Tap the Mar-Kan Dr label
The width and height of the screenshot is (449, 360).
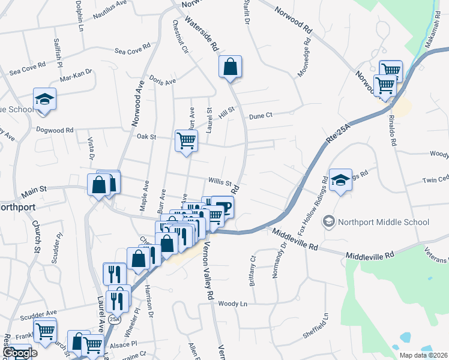pyautogui.click(x=76, y=75)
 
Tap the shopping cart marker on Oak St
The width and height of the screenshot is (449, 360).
pyautogui.click(x=186, y=140)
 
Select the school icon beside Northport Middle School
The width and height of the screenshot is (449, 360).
pyautogui.click(x=328, y=222)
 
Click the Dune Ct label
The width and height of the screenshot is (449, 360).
pyautogui.click(x=261, y=115)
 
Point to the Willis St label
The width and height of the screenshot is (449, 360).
pyautogui.click(x=220, y=181)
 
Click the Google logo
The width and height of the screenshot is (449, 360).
pyautogui.click(x=19, y=353)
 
